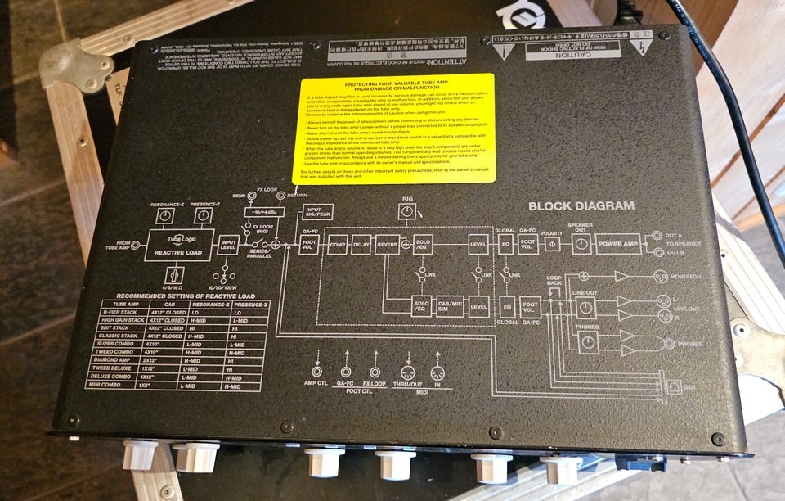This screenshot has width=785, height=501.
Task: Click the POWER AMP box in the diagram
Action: tap(617, 243)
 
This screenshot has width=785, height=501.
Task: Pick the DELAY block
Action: tap(361, 243)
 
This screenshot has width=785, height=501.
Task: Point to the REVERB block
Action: tap(388, 243)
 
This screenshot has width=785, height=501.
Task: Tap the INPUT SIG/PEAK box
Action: tap(317, 213)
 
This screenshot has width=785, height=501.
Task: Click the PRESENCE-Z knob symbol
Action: tap(202, 215)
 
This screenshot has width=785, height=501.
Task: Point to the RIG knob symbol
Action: tap(406, 212)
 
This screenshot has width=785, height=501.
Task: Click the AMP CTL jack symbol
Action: tap(316, 372)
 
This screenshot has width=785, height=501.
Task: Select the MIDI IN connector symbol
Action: tap(437, 373)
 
